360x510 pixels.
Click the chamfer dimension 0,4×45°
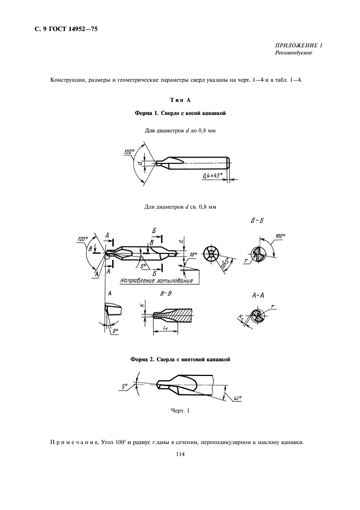(212, 175)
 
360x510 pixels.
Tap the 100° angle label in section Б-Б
(280, 236)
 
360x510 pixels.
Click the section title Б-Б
(260, 221)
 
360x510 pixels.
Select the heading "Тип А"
(180, 100)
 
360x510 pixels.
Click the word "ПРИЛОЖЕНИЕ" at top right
(294, 46)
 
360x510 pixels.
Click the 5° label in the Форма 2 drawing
(125, 386)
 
